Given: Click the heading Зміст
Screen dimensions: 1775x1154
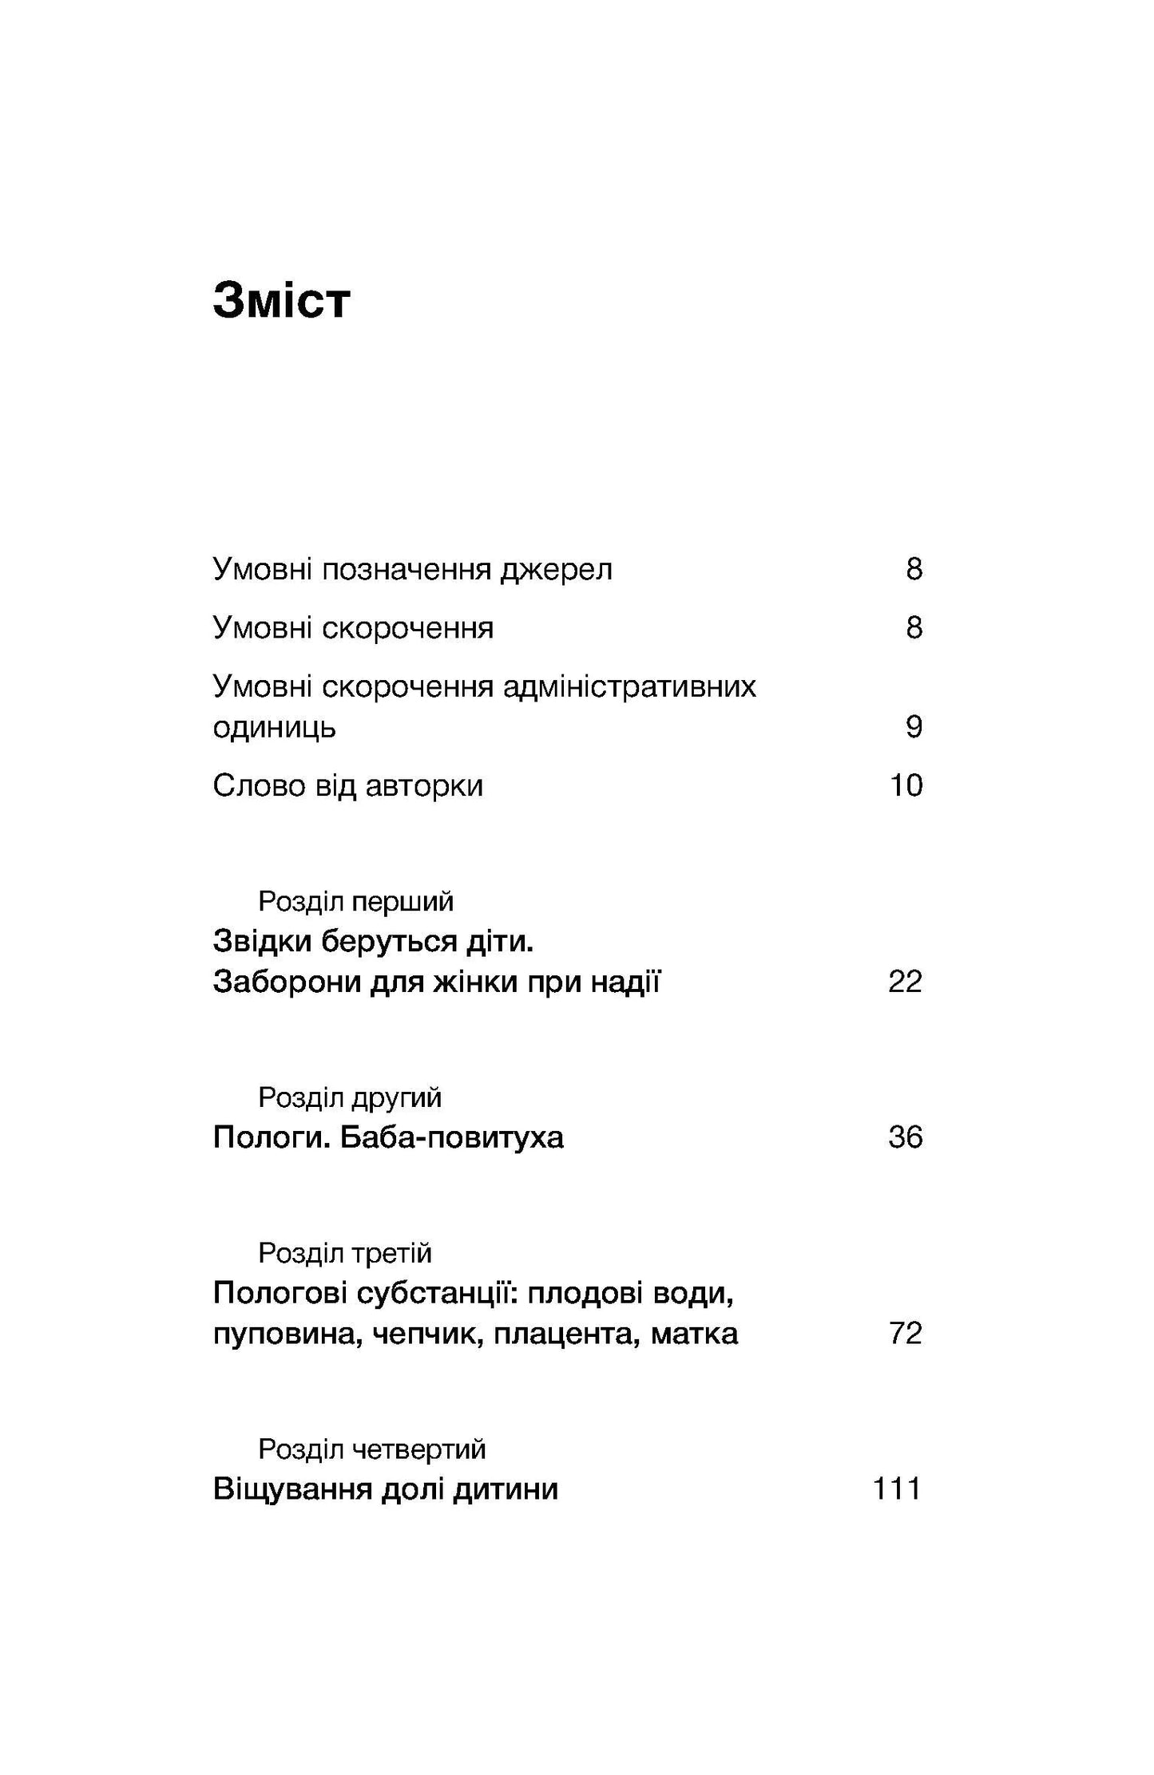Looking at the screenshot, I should (281, 301).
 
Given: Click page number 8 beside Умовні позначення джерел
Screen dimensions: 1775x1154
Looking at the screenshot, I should (914, 569).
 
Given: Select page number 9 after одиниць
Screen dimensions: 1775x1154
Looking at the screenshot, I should (914, 726).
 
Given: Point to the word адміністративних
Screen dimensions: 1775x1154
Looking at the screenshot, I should (629, 686).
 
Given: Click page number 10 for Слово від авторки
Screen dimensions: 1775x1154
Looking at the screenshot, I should (906, 785).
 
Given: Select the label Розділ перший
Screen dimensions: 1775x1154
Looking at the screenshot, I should (355, 901).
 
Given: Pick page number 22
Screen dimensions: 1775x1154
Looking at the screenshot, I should (905, 982).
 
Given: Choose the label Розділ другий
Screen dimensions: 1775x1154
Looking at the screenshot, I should (350, 1097).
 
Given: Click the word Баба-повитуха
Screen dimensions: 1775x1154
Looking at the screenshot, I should (452, 1137).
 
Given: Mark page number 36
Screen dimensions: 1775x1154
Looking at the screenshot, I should (905, 1137).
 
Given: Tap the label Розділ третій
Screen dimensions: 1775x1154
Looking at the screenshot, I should (345, 1253).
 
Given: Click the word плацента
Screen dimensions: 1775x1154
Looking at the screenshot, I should (565, 1334).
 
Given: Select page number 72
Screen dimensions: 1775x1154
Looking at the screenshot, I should (905, 1334).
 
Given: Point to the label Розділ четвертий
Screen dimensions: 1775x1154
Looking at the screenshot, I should (372, 1449).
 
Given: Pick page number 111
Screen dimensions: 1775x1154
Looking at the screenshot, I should (897, 1489).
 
